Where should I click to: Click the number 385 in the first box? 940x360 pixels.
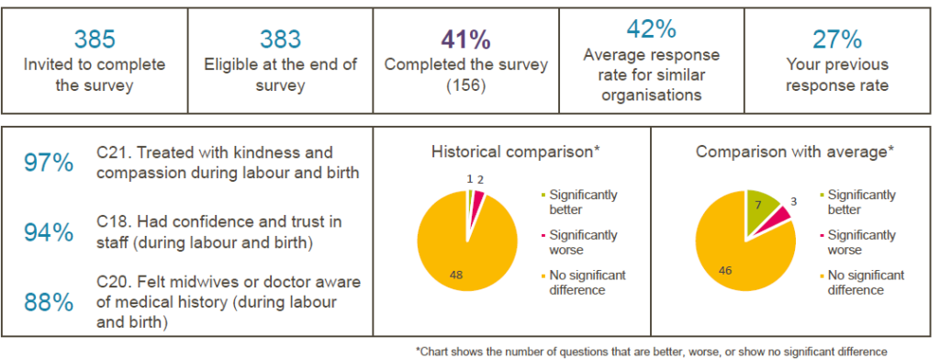[x=94, y=39]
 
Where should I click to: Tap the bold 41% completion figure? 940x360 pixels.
[x=465, y=39]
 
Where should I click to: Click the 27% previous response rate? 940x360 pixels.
[x=836, y=39]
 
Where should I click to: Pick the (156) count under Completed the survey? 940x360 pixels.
[x=465, y=86]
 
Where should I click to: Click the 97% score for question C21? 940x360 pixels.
[x=49, y=163]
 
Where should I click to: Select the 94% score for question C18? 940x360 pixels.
[x=49, y=233]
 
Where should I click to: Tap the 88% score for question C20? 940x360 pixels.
[x=49, y=303]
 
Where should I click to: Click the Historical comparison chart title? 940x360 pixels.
[x=515, y=151]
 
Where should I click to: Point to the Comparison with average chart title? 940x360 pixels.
[x=792, y=151]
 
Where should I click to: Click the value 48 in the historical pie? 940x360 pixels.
[x=456, y=274]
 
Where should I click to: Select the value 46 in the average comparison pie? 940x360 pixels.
[x=726, y=271]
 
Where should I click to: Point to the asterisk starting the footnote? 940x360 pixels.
[x=419, y=350]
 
